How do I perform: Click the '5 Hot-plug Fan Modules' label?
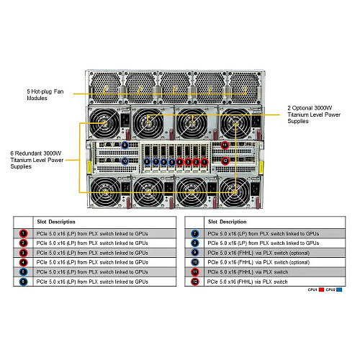point(51,96)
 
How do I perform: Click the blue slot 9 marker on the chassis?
point(125,145)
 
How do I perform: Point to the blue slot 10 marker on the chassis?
point(125,161)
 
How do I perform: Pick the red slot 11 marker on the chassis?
point(225,145)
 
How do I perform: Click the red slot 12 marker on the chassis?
point(225,161)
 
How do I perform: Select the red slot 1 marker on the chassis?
point(204,161)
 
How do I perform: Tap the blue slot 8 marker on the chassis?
point(146,161)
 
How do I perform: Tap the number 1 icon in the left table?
point(23,233)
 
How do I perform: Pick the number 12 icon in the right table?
point(194,282)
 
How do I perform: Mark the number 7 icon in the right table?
point(194,233)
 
